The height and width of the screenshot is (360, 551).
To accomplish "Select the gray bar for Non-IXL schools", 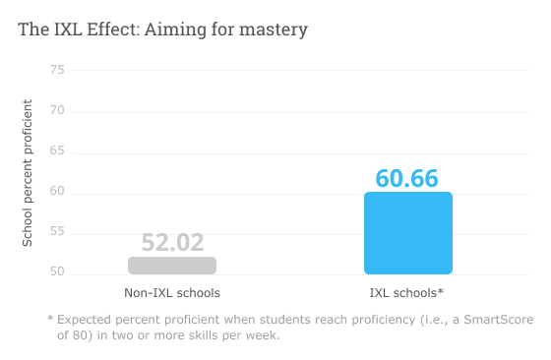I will click(x=172, y=266).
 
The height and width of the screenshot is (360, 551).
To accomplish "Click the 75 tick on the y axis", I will click(x=57, y=70).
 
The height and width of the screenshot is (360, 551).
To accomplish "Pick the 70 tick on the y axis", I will click(x=57, y=110).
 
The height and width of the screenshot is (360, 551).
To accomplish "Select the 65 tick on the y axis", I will click(x=57, y=150).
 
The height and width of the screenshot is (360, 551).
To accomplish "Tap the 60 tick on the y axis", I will click(x=57, y=192).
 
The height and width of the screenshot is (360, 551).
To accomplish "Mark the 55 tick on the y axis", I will click(x=57, y=232).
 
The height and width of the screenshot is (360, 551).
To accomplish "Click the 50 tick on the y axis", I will click(x=57, y=272).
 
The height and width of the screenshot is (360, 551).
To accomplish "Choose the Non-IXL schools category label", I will click(x=172, y=293).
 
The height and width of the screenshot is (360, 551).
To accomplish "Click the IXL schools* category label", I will click(x=407, y=293).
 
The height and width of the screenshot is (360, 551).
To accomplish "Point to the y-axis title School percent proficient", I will click(x=28, y=172).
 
